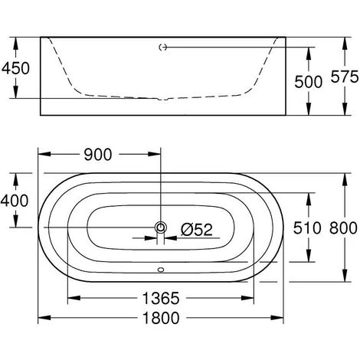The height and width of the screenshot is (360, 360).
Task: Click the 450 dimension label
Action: [x=15, y=68]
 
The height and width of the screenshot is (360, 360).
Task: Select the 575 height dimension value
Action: [x=345, y=77]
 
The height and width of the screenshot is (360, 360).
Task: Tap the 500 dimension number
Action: [x=308, y=82]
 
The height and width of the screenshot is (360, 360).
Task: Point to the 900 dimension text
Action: [x=98, y=155]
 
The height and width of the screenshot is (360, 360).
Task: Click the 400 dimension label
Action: [x=15, y=201]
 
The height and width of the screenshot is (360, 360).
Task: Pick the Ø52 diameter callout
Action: [x=197, y=230]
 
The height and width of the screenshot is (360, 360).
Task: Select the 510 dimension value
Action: [x=307, y=228]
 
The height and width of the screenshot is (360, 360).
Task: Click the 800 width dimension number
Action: [x=343, y=228]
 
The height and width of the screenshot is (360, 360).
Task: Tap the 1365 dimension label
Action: [x=161, y=298]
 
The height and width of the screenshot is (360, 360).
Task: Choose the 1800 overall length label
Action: [x=161, y=318]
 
